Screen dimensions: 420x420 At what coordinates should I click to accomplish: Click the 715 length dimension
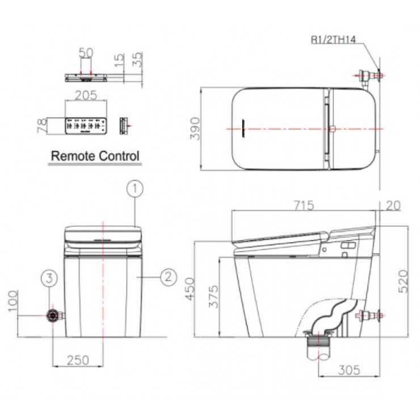304,205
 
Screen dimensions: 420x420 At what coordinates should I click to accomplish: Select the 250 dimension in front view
77,360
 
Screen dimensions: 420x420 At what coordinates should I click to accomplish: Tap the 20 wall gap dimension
393,206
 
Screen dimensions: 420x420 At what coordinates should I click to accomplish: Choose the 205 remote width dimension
85,95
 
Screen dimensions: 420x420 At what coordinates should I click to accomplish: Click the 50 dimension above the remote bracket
86,52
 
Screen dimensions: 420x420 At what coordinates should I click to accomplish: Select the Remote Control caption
95,156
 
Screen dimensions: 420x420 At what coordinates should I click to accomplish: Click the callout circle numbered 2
167,276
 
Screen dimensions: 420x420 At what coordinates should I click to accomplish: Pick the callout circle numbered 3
50,278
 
